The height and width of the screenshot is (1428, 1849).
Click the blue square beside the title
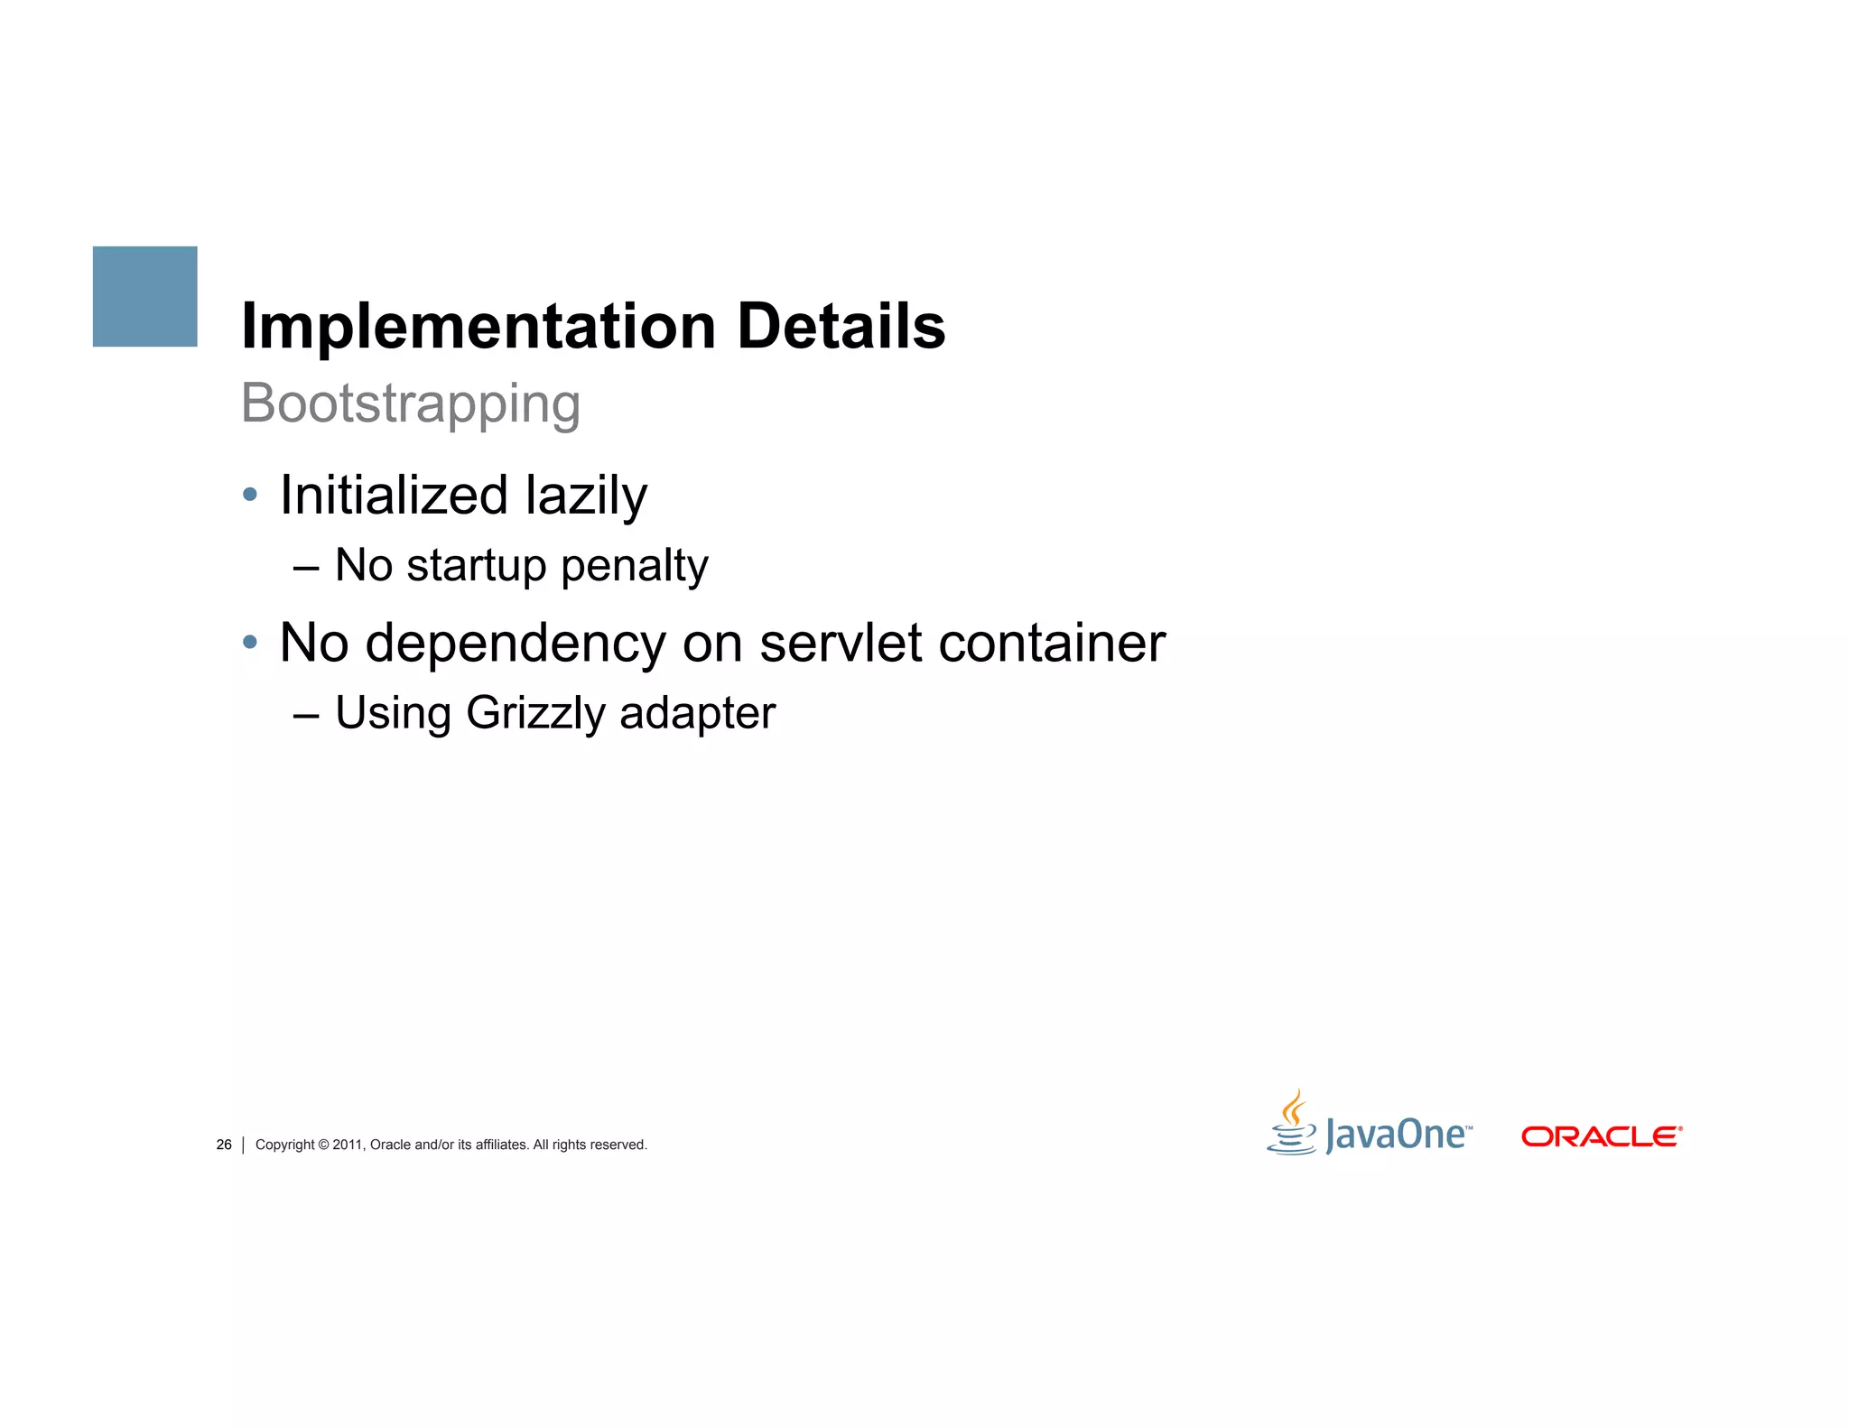point(144,296)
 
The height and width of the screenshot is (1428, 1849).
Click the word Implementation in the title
point(479,326)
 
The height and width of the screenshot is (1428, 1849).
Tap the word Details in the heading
point(841,326)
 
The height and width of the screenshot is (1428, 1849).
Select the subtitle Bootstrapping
point(411,403)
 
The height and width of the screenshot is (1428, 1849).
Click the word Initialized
point(395,496)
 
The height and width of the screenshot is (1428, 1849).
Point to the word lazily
point(587,496)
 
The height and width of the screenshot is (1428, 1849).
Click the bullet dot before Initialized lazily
point(250,495)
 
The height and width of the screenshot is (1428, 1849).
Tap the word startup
point(477,567)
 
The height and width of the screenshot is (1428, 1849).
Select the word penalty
point(634,567)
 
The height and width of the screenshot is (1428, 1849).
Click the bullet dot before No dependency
point(250,643)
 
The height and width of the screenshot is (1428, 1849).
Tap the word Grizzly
point(536,713)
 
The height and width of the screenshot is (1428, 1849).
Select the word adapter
point(697,713)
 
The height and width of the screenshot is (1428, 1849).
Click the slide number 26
point(224,1145)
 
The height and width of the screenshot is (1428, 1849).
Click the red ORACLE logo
point(1601,1136)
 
